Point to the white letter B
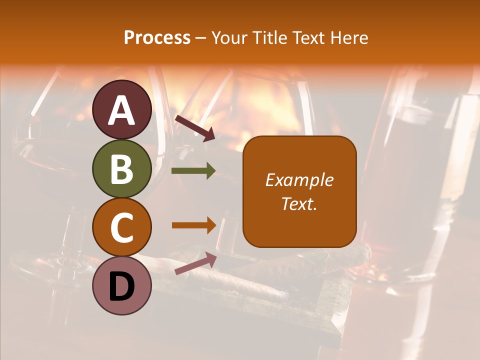click(x=122, y=169)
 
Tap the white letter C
click(x=122, y=227)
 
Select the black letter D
click(x=122, y=286)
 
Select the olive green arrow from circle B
click(x=193, y=171)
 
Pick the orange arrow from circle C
click(x=193, y=225)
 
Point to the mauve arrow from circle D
click(x=195, y=263)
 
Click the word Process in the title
click(x=157, y=38)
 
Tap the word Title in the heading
click(x=269, y=38)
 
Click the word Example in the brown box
click(x=299, y=180)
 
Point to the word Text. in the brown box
click(x=299, y=203)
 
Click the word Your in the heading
click(x=230, y=38)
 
